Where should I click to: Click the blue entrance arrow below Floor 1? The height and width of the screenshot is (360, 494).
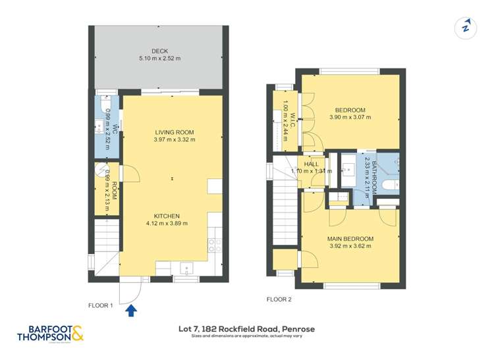pos(132,309)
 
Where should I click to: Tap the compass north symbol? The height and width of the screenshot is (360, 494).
pos(466,27)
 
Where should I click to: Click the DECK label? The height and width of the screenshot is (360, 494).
pos(160,51)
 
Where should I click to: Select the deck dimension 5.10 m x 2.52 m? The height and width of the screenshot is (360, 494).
pos(160,59)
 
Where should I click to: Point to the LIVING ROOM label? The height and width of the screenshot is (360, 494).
pos(174,132)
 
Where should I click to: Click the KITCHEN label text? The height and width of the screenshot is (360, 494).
pos(167,216)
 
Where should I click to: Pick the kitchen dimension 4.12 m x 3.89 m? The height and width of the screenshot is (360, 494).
pos(167,224)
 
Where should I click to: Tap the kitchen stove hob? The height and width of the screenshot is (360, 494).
pos(215,245)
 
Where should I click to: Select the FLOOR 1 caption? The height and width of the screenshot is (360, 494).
pos(101,305)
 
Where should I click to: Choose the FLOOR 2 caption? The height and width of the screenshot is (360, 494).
pos(279,299)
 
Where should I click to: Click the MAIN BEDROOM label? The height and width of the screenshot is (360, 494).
pos(350,239)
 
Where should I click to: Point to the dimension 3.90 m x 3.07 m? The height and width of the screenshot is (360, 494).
pos(350,118)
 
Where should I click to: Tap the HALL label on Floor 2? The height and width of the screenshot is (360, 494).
pos(312,164)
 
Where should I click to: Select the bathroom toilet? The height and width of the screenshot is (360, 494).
pos(390,184)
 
